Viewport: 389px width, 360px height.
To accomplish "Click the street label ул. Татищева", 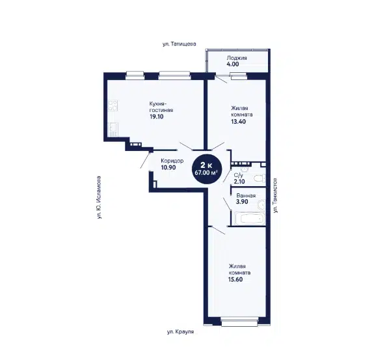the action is pyautogui.click(x=180, y=44).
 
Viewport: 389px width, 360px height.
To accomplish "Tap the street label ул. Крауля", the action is pyautogui.click(x=180, y=332).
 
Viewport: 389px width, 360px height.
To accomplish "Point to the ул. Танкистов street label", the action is pyautogui.click(x=275, y=195).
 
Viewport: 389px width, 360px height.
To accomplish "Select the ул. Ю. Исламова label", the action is pyautogui.click(x=99, y=197).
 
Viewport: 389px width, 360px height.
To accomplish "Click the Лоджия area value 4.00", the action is pyautogui.click(x=233, y=64).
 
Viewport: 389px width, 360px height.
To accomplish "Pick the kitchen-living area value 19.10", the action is pyautogui.click(x=156, y=117).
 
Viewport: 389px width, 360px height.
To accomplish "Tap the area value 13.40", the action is pyautogui.click(x=239, y=121).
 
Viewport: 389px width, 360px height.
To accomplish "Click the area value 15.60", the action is pyautogui.click(x=235, y=279).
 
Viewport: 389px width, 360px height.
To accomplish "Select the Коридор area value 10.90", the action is pyautogui.click(x=168, y=167).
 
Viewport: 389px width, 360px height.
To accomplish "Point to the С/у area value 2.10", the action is pyautogui.click(x=239, y=182).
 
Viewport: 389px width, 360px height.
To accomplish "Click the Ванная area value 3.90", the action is pyautogui.click(x=242, y=202).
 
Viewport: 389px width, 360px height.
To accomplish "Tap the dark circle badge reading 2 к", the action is pyautogui.click(x=206, y=169).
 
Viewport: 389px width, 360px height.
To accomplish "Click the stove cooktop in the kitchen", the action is pyautogui.click(x=113, y=105).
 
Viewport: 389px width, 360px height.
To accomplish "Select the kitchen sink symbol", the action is pyautogui.click(x=113, y=130).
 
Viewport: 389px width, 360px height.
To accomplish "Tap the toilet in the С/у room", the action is pyautogui.click(x=260, y=178).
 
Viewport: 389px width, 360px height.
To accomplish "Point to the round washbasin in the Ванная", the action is pyautogui.click(x=261, y=205).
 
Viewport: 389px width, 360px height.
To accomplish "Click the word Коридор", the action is pyautogui.click(x=172, y=161).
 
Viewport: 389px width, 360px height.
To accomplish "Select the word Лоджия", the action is pyautogui.click(x=237, y=58).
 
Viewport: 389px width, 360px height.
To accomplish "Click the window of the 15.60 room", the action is pyautogui.click(x=239, y=322).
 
